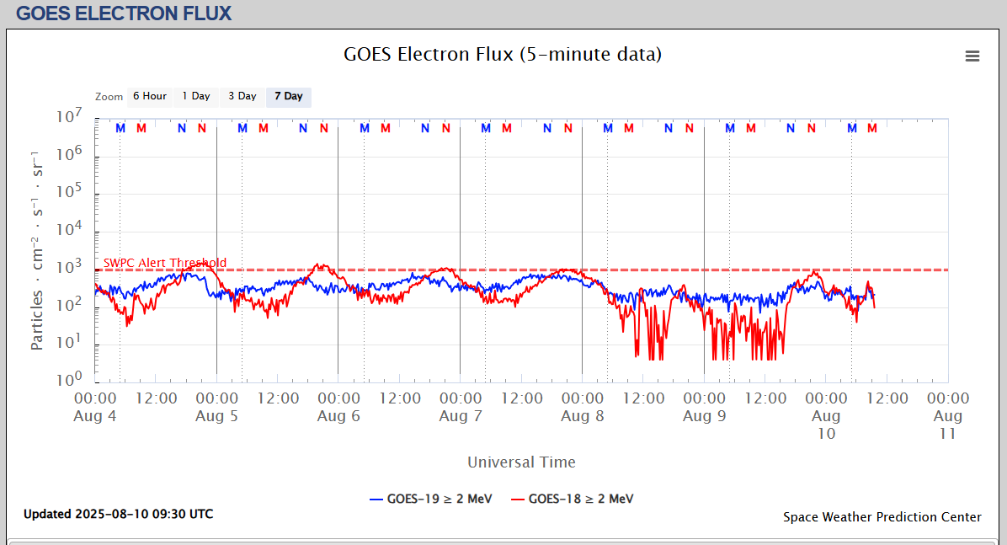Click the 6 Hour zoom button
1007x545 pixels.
click(x=149, y=96)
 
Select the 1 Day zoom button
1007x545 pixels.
click(x=195, y=96)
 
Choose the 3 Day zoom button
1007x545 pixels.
click(x=242, y=96)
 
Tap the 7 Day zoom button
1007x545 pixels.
click(x=288, y=96)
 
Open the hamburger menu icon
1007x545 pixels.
click(x=972, y=56)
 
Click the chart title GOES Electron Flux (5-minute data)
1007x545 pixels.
click(x=503, y=55)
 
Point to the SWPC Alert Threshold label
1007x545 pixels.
click(x=165, y=263)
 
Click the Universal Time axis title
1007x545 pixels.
click(x=521, y=462)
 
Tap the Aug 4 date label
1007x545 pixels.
click(x=95, y=416)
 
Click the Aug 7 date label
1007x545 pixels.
click(x=460, y=416)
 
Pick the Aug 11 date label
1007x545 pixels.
click(x=948, y=425)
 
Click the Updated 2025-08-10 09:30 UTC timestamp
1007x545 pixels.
click(x=118, y=514)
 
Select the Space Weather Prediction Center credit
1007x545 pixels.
click(x=882, y=517)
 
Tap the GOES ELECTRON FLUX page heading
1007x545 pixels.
click(x=124, y=13)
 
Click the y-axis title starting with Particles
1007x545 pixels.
click(x=38, y=251)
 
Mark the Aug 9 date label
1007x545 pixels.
click(x=704, y=416)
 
